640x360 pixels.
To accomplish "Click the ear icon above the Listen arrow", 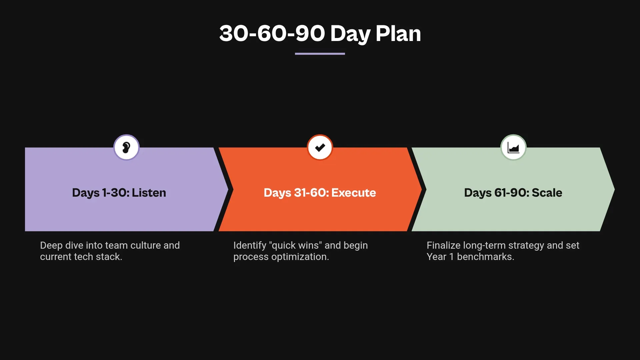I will (126, 147).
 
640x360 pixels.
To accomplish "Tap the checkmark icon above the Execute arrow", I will (320, 147).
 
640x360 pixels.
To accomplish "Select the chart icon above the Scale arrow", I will (513, 147).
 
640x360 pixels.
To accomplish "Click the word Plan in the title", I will (398, 33).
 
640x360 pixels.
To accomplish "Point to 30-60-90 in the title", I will (272, 33).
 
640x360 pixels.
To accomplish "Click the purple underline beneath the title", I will (320, 53).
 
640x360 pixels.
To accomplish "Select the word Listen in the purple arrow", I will (149, 193).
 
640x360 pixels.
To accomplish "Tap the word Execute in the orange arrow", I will (354, 193).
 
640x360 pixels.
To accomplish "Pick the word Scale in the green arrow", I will (547, 193).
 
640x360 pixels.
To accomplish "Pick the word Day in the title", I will (350, 33).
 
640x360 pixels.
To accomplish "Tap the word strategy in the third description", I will (526, 245).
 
